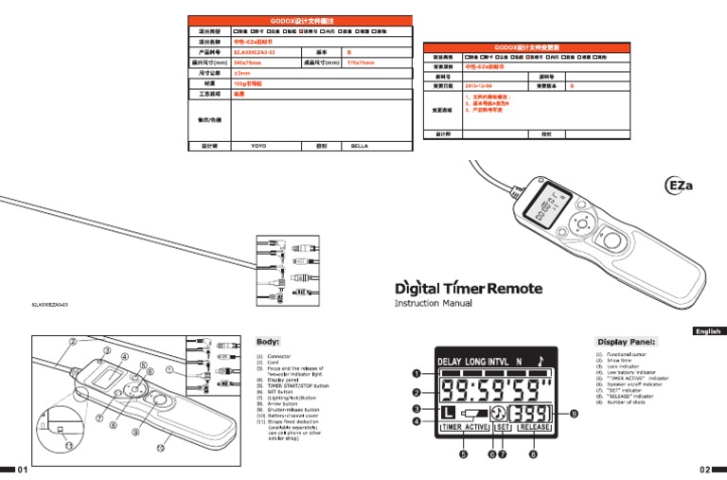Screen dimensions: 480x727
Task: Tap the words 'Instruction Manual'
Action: click(434, 304)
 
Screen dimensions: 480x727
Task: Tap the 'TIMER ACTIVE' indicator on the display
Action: click(464, 427)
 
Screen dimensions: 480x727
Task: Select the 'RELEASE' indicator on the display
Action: click(534, 427)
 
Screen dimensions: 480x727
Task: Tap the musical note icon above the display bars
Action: click(541, 360)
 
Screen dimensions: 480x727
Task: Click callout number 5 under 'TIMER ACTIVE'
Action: click(463, 454)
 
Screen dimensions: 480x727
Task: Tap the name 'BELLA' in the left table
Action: click(360, 147)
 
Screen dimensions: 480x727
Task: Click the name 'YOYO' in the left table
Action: click(257, 147)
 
